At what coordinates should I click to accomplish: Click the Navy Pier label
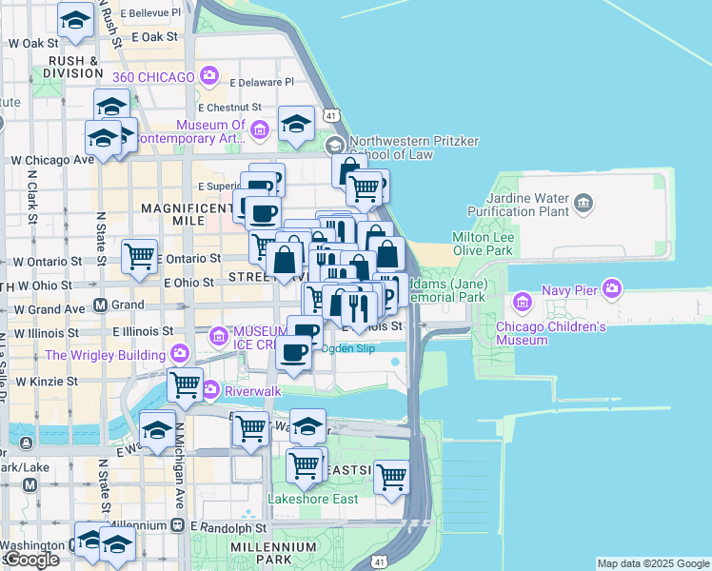tap(569, 289)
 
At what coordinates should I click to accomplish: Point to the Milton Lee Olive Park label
tap(482, 244)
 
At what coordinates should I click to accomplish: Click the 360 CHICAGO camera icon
tap(208, 75)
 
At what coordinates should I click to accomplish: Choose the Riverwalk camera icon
tap(208, 389)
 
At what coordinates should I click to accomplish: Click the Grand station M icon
tap(100, 305)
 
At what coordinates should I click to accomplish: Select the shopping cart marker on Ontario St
tap(140, 256)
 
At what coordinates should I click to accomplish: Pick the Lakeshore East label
tap(313, 499)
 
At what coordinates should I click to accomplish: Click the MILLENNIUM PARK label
tap(273, 555)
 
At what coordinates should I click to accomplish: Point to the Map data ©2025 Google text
tap(652, 563)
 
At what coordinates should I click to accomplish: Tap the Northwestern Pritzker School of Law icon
tap(334, 146)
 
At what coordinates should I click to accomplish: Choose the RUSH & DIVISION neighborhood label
tap(67, 67)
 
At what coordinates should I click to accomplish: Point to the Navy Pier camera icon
tap(611, 286)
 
